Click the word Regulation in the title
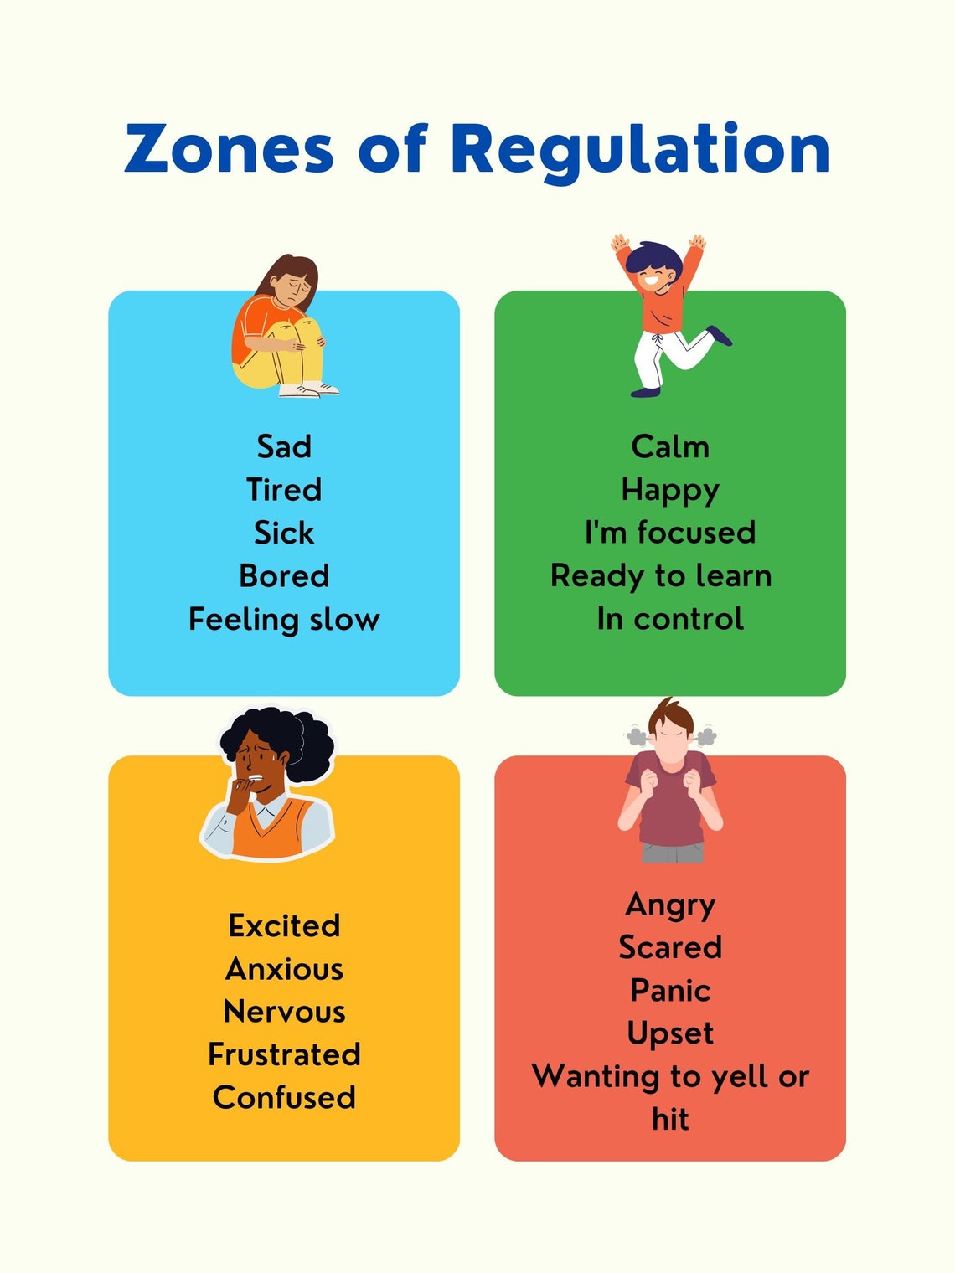point(640,150)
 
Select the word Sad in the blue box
point(284,446)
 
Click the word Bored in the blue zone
point(284,576)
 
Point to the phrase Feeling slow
point(284,620)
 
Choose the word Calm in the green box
point(670,446)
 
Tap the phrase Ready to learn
point(661,576)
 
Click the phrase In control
point(670,619)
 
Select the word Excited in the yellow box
point(284,925)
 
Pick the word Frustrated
point(284,1054)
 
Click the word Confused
point(284,1097)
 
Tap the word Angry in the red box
point(670,905)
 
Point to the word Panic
point(670,991)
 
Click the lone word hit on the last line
point(670,1119)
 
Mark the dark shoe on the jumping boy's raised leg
point(719,335)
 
